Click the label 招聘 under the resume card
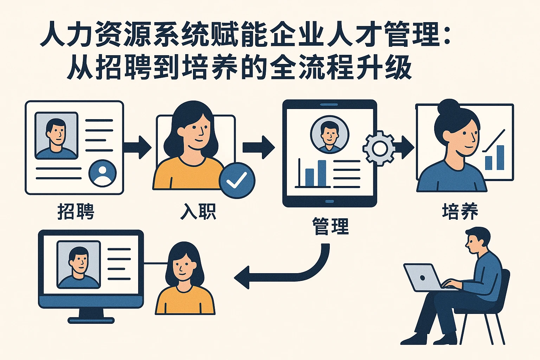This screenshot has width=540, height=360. pyautogui.click(x=76, y=212)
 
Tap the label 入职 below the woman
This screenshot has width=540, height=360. pyautogui.click(x=198, y=212)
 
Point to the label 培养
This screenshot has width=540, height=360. pyautogui.click(x=460, y=212)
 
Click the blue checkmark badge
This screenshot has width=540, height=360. pyautogui.click(x=237, y=180)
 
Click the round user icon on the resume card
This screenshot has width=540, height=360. pyautogui.click(x=102, y=173)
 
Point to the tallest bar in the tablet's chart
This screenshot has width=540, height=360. pyautogui.click(x=322, y=173)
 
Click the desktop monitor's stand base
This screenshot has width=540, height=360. pyautogui.click(x=91, y=320)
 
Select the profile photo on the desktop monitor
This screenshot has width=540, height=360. pyautogui.click(x=78, y=264)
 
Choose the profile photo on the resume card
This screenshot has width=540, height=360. pyautogui.click(x=56, y=136)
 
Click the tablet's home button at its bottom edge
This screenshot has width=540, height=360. pyautogui.click(x=329, y=201)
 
